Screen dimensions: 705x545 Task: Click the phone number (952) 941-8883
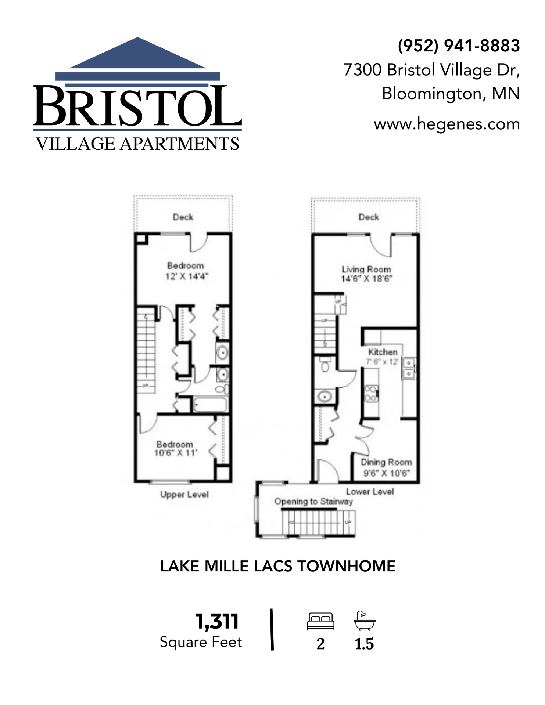[x=459, y=46]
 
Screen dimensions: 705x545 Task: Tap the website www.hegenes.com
[x=447, y=124]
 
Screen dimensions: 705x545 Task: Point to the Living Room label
[x=366, y=269]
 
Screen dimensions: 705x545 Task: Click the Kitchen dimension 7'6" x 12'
[x=382, y=362]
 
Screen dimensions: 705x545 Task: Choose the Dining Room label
[x=386, y=462]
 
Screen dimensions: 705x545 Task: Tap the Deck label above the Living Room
[x=369, y=217]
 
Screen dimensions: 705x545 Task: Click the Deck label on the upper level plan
[x=183, y=217]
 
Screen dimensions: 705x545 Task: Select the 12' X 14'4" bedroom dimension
[x=187, y=276]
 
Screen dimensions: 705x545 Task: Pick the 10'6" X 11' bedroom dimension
[x=176, y=453]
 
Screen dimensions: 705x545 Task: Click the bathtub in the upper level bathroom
[x=210, y=405]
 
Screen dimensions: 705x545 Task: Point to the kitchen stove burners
[x=370, y=393]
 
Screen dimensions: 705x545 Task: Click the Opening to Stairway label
[x=313, y=501]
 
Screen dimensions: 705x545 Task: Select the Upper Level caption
[x=184, y=494]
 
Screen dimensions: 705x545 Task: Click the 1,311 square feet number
[x=217, y=621]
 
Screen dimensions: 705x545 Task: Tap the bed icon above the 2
[x=320, y=621]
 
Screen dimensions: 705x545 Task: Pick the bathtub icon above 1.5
[x=364, y=621]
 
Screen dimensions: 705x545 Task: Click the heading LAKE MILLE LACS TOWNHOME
[x=278, y=566]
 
